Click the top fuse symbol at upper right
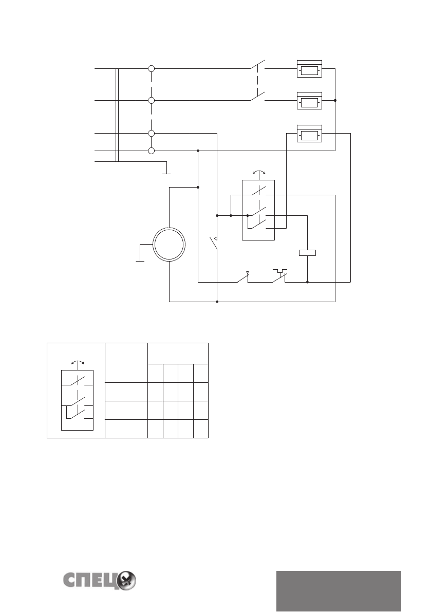(310, 69)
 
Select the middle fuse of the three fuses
(310, 101)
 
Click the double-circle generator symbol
(168, 245)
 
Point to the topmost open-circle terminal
(151, 68)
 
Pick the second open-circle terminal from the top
(151, 101)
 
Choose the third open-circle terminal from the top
(151, 134)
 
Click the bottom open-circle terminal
(151, 151)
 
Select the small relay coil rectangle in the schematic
(307, 252)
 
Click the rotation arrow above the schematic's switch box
(258, 172)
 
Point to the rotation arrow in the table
(77, 363)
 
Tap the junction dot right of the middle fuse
(335, 101)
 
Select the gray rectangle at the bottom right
(339, 591)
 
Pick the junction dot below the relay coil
(307, 282)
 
